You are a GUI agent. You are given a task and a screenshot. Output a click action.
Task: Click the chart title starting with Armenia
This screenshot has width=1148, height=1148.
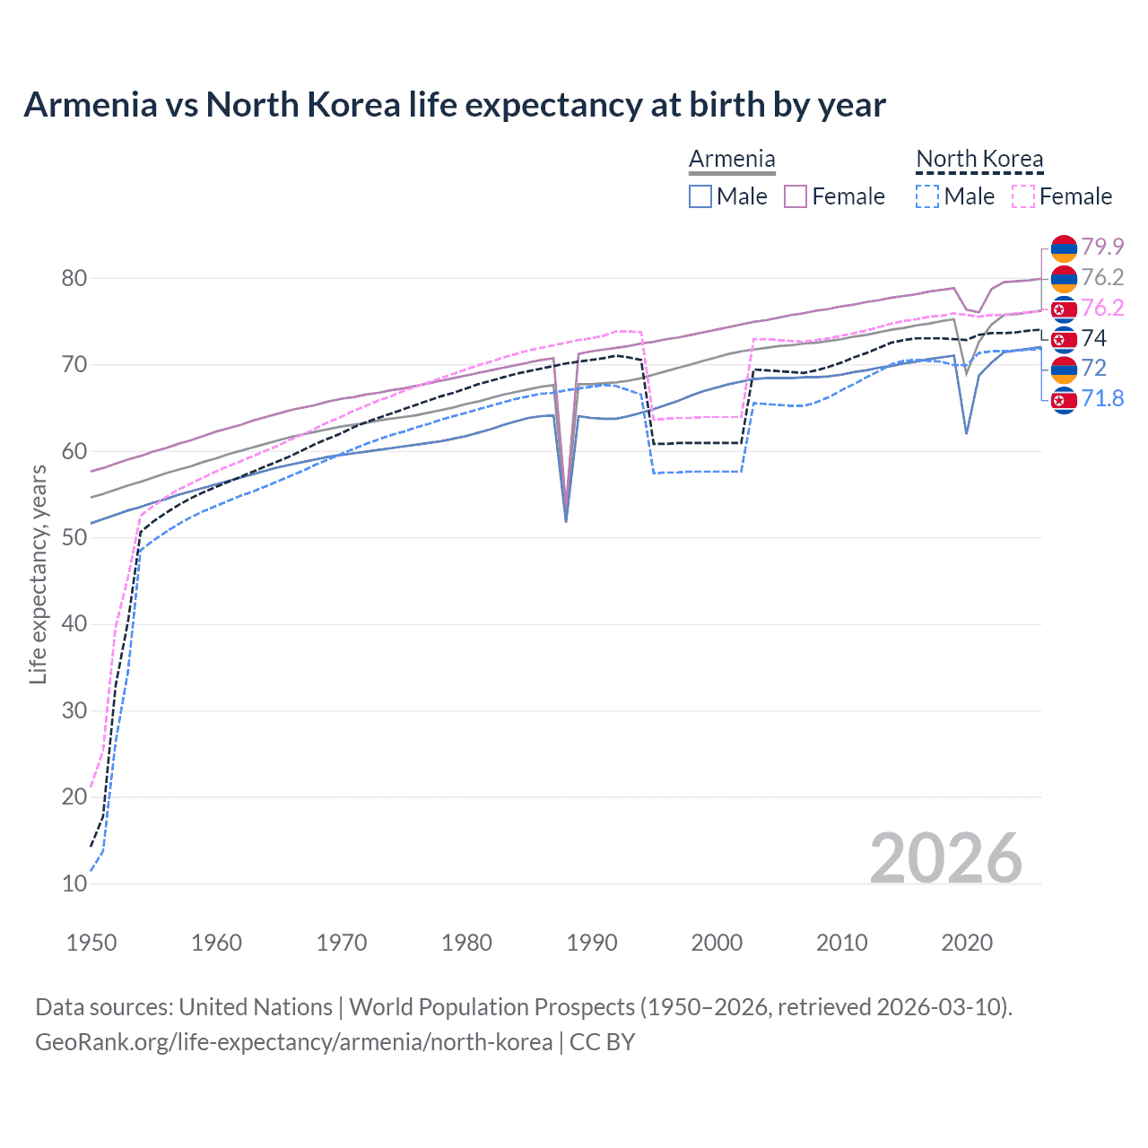click(x=454, y=105)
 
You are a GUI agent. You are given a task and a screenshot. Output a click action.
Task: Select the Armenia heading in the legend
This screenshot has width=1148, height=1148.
click(x=732, y=160)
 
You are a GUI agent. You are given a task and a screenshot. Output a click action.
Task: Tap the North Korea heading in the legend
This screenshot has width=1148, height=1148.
click(x=979, y=160)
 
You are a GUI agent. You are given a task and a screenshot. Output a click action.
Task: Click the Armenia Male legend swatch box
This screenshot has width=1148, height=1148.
click(x=700, y=196)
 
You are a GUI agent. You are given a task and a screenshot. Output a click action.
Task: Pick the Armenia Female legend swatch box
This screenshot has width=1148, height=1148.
click(x=796, y=196)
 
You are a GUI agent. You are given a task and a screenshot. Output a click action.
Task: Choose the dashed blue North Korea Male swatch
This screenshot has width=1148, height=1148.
click(x=927, y=196)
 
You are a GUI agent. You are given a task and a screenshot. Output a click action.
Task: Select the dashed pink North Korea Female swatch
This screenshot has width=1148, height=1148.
click(x=1023, y=196)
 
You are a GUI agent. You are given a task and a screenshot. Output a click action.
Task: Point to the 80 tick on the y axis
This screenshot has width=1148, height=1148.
click(x=74, y=278)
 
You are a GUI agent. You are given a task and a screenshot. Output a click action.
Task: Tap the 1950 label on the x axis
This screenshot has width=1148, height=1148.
click(x=91, y=943)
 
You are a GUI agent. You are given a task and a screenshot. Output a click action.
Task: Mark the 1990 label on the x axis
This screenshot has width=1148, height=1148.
click(x=592, y=943)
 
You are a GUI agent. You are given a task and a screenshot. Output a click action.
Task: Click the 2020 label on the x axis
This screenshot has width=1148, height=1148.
click(x=967, y=943)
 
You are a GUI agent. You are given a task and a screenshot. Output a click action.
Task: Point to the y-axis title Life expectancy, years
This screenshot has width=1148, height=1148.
click(x=38, y=574)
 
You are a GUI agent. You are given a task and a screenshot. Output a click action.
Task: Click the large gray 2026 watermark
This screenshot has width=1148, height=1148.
click(x=945, y=858)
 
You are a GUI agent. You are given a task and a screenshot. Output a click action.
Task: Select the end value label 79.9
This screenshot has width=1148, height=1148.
click(x=1102, y=247)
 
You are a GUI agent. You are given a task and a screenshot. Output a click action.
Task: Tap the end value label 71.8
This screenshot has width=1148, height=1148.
click(x=1102, y=398)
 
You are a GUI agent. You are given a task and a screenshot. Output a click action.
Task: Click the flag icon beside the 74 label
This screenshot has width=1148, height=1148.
click(x=1064, y=338)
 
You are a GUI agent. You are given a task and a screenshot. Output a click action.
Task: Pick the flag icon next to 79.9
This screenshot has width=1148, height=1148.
click(x=1064, y=248)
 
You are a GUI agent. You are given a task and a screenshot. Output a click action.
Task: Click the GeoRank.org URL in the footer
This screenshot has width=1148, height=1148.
click(x=293, y=1042)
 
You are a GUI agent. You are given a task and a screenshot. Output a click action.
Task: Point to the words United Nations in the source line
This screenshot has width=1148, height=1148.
click(x=256, y=1007)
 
